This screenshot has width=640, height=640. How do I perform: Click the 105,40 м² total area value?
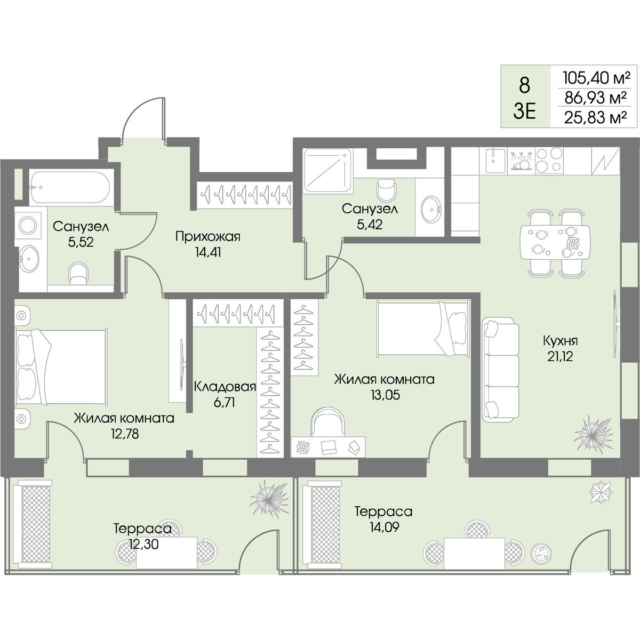click(x=596, y=79)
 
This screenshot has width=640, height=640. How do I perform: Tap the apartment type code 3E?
click(x=525, y=112)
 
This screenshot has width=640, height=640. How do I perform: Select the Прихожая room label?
click(x=207, y=237)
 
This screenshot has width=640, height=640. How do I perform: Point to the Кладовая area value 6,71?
click(x=225, y=403)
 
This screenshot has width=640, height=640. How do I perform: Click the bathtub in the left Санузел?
click(x=70, y=187)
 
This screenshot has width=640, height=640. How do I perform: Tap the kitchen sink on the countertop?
click(x=495, y=161)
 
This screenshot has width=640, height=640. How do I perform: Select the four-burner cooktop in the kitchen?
click(x=549, y=161)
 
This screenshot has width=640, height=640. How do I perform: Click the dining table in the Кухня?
click(x=555, y=243)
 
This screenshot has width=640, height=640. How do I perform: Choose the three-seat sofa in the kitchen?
click(x=500, y=370)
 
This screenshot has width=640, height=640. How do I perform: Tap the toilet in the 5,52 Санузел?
click(x=79, y=274)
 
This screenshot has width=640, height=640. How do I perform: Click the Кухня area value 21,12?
click(x=561, y=357)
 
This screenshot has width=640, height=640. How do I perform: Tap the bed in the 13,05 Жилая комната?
click(x=423, y=327)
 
